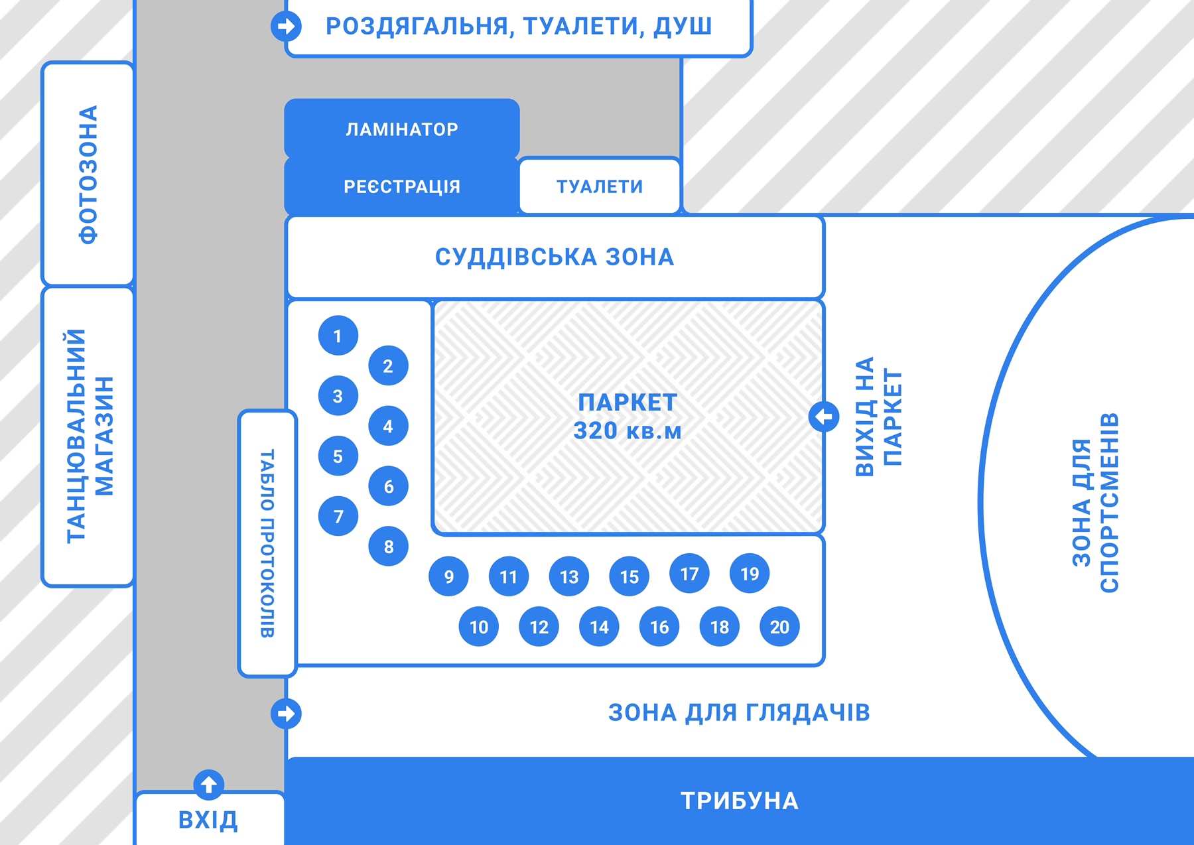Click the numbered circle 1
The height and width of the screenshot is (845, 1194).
pos(338,336)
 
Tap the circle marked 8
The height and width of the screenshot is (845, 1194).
pos(388,547)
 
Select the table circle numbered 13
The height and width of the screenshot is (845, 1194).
pos(569,576)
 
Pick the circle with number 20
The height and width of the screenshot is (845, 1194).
pos(779,627)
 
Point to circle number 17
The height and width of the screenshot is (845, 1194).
pos(690,573)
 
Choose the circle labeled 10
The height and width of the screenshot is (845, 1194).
pos(479,627)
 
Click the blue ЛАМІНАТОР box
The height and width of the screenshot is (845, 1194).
pos(402,129)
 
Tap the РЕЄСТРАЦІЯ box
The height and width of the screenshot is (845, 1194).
pos(402,186)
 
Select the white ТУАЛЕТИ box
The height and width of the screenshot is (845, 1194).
pos(600,186)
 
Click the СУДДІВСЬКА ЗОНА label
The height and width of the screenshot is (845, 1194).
pos(555,257)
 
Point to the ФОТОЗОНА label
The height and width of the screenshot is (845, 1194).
pos(88,174)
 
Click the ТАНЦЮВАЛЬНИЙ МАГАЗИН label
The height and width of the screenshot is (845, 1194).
pos(90,436)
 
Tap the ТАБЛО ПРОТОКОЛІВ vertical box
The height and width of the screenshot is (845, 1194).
pos(267,543)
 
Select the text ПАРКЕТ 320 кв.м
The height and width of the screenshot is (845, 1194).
pos(628,417)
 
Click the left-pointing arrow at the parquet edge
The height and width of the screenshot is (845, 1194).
pos(824,417)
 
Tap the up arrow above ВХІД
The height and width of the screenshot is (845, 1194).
pos(209,785)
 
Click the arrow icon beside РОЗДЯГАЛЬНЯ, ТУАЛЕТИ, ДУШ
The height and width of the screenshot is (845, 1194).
pos(286,26)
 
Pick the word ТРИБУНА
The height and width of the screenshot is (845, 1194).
pos(740,801)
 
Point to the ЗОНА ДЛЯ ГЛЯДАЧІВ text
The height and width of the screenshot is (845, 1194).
pos(739,713)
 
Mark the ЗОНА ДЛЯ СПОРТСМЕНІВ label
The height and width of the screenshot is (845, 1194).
pos(1095,503)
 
